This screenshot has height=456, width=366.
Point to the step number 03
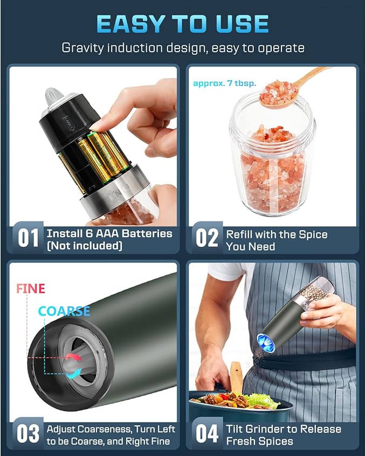28,434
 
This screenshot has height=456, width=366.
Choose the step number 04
206,434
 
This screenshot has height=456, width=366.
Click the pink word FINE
31,288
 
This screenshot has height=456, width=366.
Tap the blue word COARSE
64,312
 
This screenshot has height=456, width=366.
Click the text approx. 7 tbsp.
217,84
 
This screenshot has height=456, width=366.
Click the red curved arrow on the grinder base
70,356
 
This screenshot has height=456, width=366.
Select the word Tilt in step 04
236,429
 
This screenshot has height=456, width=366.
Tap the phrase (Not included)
85,246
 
